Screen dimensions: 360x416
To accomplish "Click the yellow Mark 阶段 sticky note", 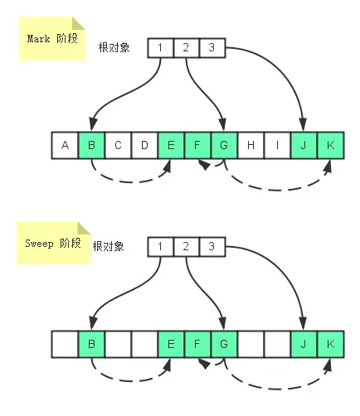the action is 52,38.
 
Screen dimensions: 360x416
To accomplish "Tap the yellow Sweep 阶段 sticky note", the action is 54,243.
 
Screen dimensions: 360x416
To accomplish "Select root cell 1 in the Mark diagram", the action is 160,48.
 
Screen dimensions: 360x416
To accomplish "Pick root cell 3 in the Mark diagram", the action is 212,48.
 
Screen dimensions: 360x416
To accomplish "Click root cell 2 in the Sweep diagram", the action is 186,247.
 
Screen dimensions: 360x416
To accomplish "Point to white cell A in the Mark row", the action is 65,145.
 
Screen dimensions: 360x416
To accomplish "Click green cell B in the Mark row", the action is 91,145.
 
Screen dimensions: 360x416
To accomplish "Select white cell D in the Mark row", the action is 144,145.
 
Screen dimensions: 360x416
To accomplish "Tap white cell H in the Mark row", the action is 251,145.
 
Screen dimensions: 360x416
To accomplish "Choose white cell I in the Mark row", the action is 277,145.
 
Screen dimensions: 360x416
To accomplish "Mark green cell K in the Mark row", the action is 331,145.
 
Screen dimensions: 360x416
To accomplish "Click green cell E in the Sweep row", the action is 171,344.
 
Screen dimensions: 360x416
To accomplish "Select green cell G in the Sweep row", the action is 224,344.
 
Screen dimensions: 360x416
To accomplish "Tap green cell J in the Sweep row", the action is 304,344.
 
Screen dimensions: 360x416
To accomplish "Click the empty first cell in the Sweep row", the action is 65,344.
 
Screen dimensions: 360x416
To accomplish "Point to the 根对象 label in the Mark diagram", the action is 114,47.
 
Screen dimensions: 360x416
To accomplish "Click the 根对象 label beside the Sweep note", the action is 108,246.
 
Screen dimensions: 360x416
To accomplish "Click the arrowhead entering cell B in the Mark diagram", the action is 93,125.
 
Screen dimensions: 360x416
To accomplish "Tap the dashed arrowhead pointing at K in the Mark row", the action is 328,166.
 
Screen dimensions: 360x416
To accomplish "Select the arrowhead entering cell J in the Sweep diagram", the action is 304,323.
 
